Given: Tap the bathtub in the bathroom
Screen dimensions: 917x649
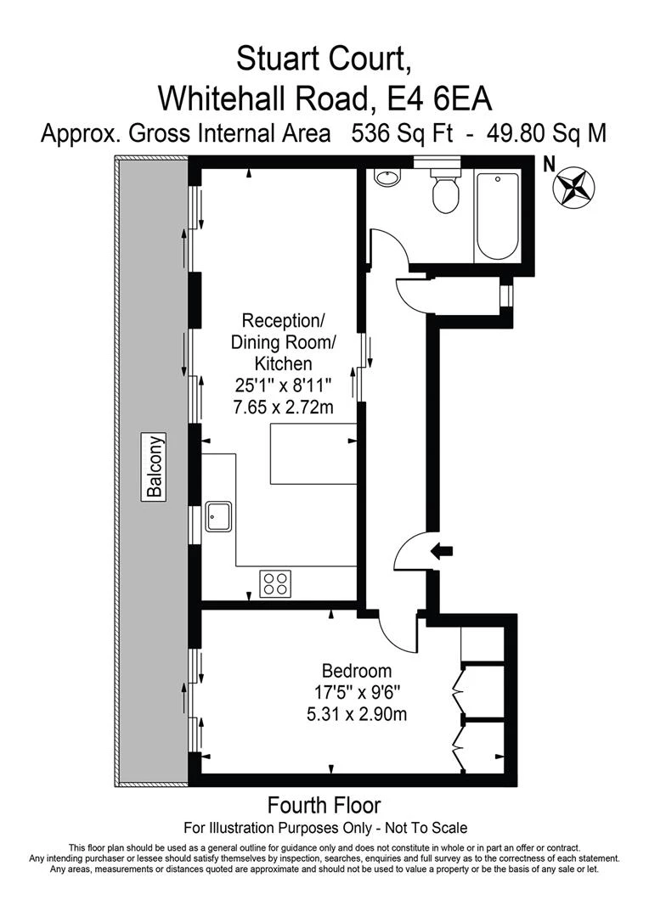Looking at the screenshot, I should tap(497, 217).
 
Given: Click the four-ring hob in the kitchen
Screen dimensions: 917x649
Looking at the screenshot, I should tap(274, 583).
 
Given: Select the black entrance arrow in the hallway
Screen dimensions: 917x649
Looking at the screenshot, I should tap(442, 551).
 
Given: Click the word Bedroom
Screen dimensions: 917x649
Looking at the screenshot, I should tap(357, 669).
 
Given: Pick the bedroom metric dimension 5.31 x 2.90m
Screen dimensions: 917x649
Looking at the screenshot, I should tap(357, 714).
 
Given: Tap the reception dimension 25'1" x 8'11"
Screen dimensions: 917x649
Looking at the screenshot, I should tap(283, 385).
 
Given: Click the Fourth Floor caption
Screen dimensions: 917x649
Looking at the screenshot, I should tap(324, 804).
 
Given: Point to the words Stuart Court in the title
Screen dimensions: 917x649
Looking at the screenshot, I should tap(324, 59).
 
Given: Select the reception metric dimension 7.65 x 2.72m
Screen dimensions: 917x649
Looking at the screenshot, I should tap(283, 408).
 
